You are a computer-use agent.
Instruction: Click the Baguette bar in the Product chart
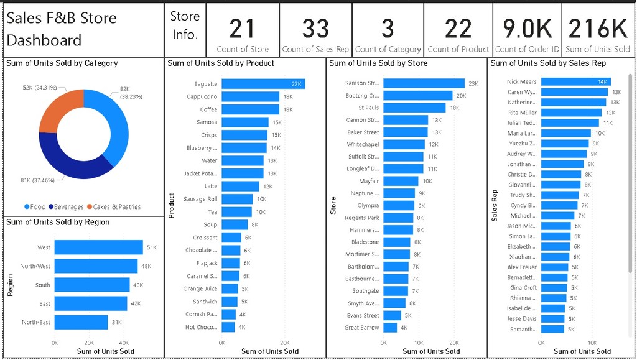coord(263,84)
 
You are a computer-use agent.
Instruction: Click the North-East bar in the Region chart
coord(81,322)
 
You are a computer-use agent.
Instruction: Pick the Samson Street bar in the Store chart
coord(424,83)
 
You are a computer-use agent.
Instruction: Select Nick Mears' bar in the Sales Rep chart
coord(575,81)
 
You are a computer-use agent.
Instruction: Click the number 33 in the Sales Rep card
coord(315,29)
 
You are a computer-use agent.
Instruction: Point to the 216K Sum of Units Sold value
coord(598,29)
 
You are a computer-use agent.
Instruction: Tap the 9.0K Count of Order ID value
coord(527,29)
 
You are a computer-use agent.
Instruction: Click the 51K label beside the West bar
coord(151,247)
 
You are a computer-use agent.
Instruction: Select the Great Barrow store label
coord(361,328)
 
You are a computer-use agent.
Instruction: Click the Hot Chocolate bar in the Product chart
coord(228,327)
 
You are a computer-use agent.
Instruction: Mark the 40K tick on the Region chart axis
coord(123,342)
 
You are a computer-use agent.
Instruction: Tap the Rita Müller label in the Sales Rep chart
coord(521,113)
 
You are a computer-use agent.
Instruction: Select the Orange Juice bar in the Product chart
coord(230,288)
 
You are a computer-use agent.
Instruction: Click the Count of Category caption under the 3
coord(388,49)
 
